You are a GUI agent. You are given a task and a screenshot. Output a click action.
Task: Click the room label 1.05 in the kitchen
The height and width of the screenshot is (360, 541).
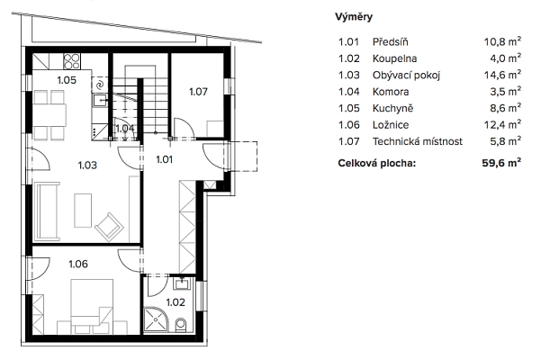(x=67, y=80)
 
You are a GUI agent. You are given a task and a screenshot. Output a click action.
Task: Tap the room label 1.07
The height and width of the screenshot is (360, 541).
(x=198, y=92)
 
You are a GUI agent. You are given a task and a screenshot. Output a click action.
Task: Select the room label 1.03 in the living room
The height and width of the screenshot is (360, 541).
(x=87, y=166)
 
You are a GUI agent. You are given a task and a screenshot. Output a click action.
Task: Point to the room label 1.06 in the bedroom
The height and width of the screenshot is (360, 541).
(x=78, y=264)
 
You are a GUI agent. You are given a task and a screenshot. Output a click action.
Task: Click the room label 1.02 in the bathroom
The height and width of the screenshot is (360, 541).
(x=176, y=302)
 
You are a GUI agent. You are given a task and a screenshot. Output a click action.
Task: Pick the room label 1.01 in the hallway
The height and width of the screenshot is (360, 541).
(x=164, y=159)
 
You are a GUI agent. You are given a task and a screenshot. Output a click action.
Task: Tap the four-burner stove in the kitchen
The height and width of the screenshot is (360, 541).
(x=72, y=61)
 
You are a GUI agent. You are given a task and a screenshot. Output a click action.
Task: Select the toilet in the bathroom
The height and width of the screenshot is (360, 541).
(x=180, y=325)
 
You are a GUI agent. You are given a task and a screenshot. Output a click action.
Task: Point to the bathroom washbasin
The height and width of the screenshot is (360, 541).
(x=182, y=284)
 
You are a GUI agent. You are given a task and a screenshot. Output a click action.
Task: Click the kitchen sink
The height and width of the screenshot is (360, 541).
(x=101, y=100)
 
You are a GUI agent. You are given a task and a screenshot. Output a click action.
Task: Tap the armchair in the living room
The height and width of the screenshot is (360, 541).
(x=110, y=227)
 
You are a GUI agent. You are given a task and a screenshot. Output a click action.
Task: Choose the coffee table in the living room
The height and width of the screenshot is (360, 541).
(x=83, y=211)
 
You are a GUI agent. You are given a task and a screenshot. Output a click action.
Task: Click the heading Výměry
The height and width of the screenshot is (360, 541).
(x=354, y=17)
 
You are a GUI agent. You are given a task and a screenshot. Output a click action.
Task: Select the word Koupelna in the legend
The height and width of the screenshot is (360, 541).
(x=394, y=58)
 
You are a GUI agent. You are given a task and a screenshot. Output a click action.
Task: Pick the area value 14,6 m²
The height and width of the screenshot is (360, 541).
(x=502, y=75)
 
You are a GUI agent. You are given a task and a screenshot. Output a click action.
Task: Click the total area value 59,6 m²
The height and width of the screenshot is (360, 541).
(x=501, y=163)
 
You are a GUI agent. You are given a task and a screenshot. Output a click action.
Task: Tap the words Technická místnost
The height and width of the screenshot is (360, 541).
(x=418, y=141)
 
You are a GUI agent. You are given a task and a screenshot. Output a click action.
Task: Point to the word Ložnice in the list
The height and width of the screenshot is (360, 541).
(x=391, y=125)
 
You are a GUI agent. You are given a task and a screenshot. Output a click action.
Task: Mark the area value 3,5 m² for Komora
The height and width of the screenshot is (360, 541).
(x=506, y=92)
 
